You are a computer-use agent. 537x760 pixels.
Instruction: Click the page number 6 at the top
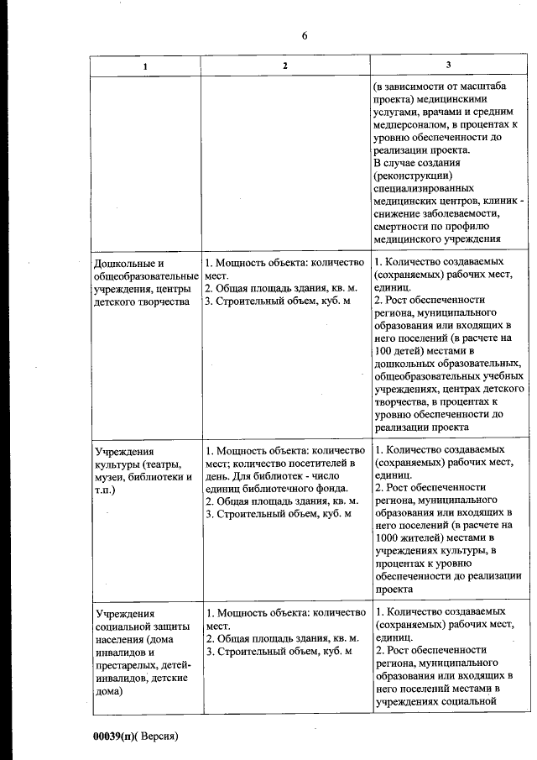(x=305, y=35)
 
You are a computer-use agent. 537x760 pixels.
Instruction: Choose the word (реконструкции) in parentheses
(x=414, y=176)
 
